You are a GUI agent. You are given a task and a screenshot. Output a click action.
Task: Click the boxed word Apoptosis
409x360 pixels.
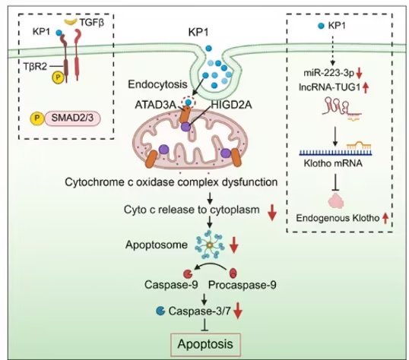(x=205, y=344)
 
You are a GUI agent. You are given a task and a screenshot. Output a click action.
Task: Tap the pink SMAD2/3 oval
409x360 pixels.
(x=73, y=118)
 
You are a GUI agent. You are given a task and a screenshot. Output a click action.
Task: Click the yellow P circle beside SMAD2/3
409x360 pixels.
(x=37, y=118)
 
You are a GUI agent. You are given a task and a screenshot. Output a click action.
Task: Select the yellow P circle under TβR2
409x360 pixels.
(x=59, y=77)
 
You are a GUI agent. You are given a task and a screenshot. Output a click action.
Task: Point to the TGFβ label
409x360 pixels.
(x=92, y=23)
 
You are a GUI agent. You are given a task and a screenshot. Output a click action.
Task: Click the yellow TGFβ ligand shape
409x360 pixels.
(x=71, y=22)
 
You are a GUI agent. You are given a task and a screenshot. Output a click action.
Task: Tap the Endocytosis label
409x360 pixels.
(x=158, y=84)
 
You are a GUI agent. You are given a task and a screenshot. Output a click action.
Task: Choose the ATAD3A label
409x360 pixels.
(x=155, y=105)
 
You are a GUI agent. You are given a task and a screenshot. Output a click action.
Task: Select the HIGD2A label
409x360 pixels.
(x=232, y=105)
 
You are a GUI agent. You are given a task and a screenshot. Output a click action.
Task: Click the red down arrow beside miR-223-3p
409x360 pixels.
(x=359, y=74)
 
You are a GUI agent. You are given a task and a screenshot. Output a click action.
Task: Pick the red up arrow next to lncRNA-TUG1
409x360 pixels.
(x=366, y=87)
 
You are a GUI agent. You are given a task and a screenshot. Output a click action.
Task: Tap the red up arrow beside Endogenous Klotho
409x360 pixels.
(x=385, y=218)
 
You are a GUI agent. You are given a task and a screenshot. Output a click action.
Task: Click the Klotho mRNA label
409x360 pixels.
(x=333, y=163)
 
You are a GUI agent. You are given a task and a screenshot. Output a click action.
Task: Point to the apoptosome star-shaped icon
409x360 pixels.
(x=210, y=245)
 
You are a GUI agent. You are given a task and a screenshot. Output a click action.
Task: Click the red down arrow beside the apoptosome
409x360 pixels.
(x=234, y=245)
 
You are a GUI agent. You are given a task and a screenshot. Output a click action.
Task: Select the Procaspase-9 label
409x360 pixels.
(x=243, y=285)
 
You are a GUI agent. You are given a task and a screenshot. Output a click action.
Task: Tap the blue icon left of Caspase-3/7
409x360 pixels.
(x=160, y=311)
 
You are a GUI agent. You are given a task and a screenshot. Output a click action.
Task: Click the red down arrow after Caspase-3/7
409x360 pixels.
(x=238, y=311)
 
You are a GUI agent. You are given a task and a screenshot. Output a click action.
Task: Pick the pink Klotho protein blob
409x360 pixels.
(x=336, y=201)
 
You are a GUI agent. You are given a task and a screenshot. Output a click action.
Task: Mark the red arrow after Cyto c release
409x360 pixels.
(x=272, y=213)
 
